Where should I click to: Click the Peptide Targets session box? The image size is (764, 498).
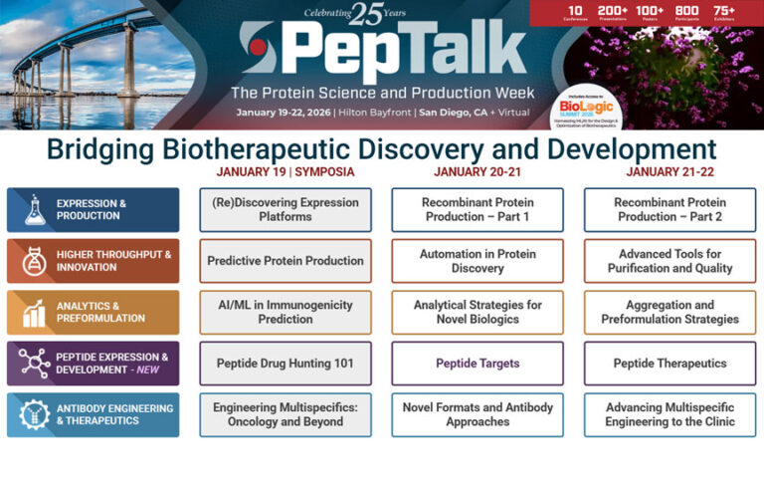coord(477,364)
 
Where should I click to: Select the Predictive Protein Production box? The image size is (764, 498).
coord(286,261)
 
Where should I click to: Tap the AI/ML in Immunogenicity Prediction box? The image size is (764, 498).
coord(286,312)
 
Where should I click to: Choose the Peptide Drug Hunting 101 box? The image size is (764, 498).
coord(286,364)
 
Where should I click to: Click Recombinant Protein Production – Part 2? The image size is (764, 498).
coord(669,209)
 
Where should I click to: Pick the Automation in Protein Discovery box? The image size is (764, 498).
coord(477,261)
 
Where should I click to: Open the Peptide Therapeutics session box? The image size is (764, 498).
coord(669,364)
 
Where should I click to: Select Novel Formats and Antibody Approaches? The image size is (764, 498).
coord(477,414)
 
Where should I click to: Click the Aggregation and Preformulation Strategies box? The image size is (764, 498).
coord(669,312)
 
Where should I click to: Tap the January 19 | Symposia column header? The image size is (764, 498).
coord(286,171)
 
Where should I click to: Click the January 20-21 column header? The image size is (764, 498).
coord(477,171)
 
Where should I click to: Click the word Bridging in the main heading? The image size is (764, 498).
coord(108,149)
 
